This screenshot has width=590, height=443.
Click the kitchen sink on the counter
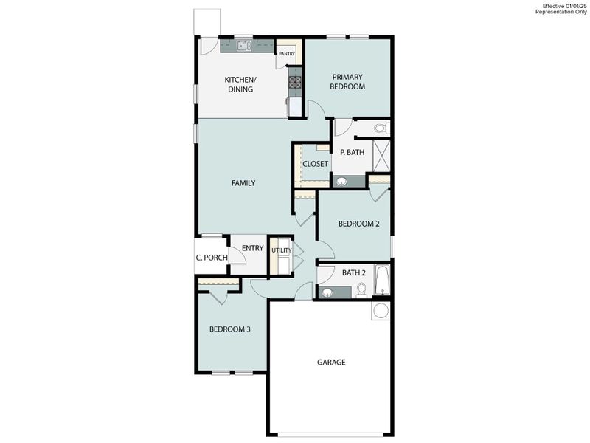tap(244, 46)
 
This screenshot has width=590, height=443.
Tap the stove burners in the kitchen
tap(295, 82)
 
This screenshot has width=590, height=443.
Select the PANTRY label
tap(287, 54)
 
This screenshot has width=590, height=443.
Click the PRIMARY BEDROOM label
tap(348, 81)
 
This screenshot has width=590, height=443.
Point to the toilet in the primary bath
tap(381, 128)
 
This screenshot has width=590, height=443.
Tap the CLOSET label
tap(315, 164)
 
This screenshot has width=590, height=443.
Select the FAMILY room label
tap(243, 183)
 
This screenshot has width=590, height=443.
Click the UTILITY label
tap(281, 250)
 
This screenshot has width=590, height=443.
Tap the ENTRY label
tap(252, 248)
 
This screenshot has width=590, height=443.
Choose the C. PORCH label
tap(211, 258)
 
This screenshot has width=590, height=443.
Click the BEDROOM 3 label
tap(229, 329)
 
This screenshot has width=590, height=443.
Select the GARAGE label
tap(331, 363)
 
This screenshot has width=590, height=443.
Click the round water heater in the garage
tap(381, 310)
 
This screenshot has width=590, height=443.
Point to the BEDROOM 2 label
tap(358, 224)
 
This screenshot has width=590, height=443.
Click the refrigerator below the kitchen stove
tap(295, 107)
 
